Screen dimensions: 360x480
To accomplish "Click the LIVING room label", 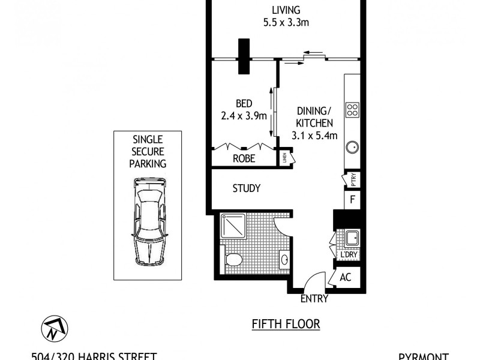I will [286, 10].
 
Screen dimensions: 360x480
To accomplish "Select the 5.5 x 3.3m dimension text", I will [286, 23].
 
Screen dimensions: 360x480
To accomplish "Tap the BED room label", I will [244, 103].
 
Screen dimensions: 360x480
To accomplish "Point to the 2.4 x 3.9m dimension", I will [244, 116].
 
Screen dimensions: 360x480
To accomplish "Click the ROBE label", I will [244, 159].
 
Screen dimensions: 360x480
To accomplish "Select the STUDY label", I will [247, 188].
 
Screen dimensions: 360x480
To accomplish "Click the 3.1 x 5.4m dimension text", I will [314, 136].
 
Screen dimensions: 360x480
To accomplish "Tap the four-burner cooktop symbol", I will [352, 110].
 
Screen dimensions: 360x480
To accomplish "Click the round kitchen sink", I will [352, 146].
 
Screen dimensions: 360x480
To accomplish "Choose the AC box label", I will [346, 277].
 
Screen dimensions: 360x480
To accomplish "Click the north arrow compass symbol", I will [55, 328].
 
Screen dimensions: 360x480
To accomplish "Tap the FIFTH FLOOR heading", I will [286, 324].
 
